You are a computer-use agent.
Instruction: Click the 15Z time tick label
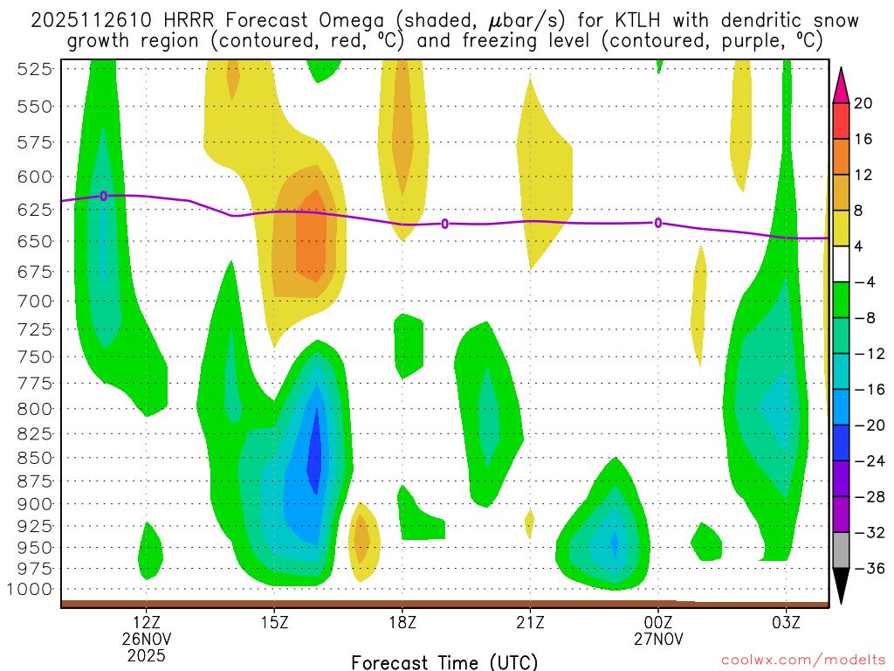coord(274,622)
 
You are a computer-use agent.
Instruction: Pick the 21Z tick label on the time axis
coord(530,622)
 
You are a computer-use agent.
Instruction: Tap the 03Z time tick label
coord(786,622)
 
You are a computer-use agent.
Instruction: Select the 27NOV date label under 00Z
coord(658,638)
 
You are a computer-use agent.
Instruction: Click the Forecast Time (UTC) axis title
coord(444,662)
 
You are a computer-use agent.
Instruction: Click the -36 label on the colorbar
coord(869,568)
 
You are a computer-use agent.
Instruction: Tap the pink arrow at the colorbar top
coord(841,86)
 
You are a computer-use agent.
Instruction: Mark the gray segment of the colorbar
coord(841,550)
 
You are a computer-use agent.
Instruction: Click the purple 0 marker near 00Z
coord(658,223)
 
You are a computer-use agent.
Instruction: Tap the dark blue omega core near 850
coord(314,454)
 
